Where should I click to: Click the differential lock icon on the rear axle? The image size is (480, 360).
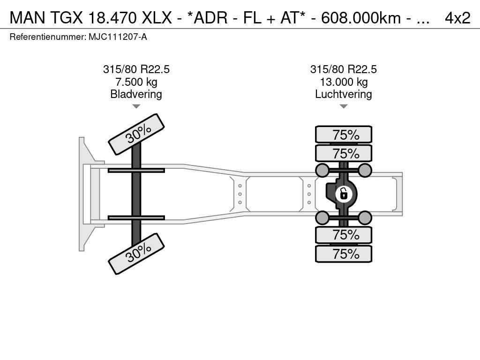pyautogui.click(x=344, y=194)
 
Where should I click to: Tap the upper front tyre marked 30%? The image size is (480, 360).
pyautogui.click(x=136, y=134)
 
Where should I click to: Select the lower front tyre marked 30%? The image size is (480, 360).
pyautogui.click(x=136, y=254)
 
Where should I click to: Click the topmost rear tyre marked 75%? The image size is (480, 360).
pyautogui.click(x=344, y=135)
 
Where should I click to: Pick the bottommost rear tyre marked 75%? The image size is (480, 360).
pyautogui.click(x=344, y=254)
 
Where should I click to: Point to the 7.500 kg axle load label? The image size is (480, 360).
pyautogui.click(x=136, y=82)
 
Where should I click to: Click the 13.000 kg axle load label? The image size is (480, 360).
pyautogui.click(x=344, y=82)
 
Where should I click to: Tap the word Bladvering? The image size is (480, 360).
pyautogui.click(x=136, y=94)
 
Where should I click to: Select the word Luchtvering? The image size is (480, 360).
pyautogui.click(x=344, y=94)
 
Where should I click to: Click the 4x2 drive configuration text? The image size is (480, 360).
pyautogui.click(x=457, y=18)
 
